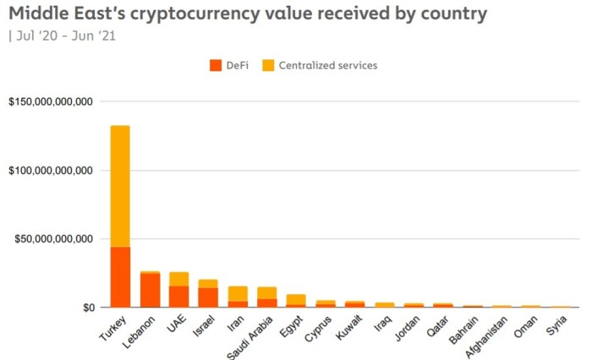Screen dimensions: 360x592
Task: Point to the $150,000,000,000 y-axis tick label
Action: coord(50,102)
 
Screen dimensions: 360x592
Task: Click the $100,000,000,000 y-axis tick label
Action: coord(50,171)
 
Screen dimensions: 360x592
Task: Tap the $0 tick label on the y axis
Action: coord(87,308)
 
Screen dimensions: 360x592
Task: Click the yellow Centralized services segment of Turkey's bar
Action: coord(120,186)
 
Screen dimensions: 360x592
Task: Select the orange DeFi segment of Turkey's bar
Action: coord(120,277)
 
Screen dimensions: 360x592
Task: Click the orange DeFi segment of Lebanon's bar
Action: coord(150,291)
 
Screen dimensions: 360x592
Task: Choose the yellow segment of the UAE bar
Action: coord(178,279)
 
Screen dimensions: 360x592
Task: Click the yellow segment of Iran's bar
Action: coord(238,293)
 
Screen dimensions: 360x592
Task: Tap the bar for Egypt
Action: coord(296,300)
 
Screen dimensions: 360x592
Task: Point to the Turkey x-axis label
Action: coord(113,327)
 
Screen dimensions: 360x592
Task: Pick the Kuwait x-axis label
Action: coord(348,326)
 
